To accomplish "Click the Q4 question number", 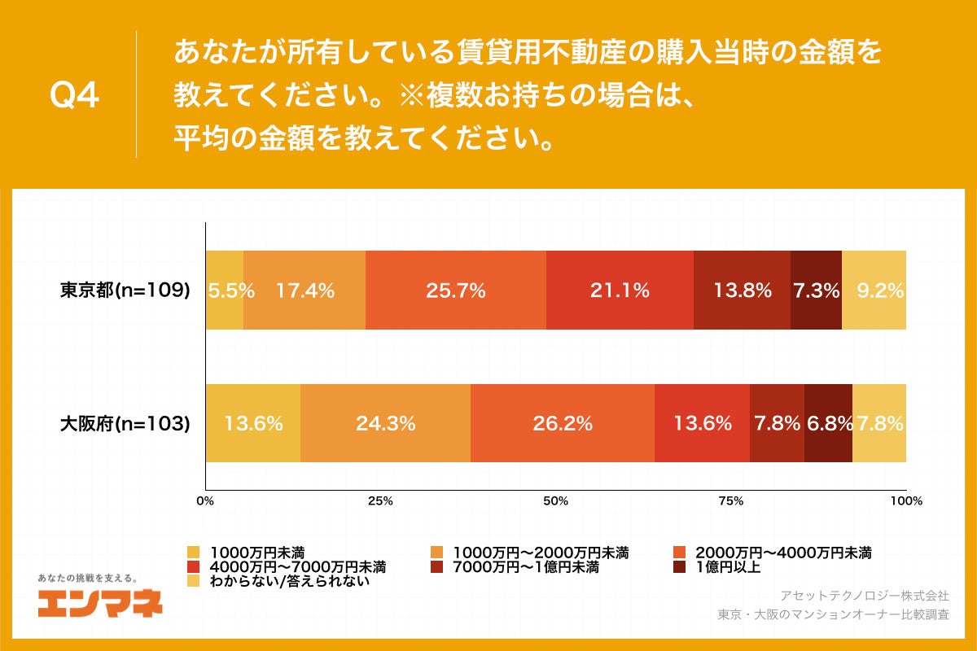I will (x=75, y=96).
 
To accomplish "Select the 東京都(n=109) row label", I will (x=125, y=290).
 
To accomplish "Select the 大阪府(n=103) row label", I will (x=125, y=423).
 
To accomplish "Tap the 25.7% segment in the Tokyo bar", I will (x=456, y=290).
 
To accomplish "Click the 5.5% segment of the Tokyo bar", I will (x=225, y=290).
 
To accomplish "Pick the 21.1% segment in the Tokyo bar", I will (x=620, y=290).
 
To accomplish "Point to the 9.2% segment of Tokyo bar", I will (x=874, y=290).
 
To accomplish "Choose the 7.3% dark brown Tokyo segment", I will (x=816, y=290).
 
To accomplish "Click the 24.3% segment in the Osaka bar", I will (x=385, y=423).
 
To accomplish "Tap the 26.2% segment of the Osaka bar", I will (x=563, y=423).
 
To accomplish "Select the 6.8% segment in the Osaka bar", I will (x=828, y=423).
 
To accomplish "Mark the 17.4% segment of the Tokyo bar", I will (x=304, y=290).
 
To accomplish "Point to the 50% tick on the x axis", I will (x=555, y=501).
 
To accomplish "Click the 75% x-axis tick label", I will (x=731, y=501).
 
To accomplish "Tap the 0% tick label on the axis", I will (x=205, y=501).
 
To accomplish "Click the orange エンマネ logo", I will (x=100, y=603).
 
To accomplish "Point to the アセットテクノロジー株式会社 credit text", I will (x=864, y=595).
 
